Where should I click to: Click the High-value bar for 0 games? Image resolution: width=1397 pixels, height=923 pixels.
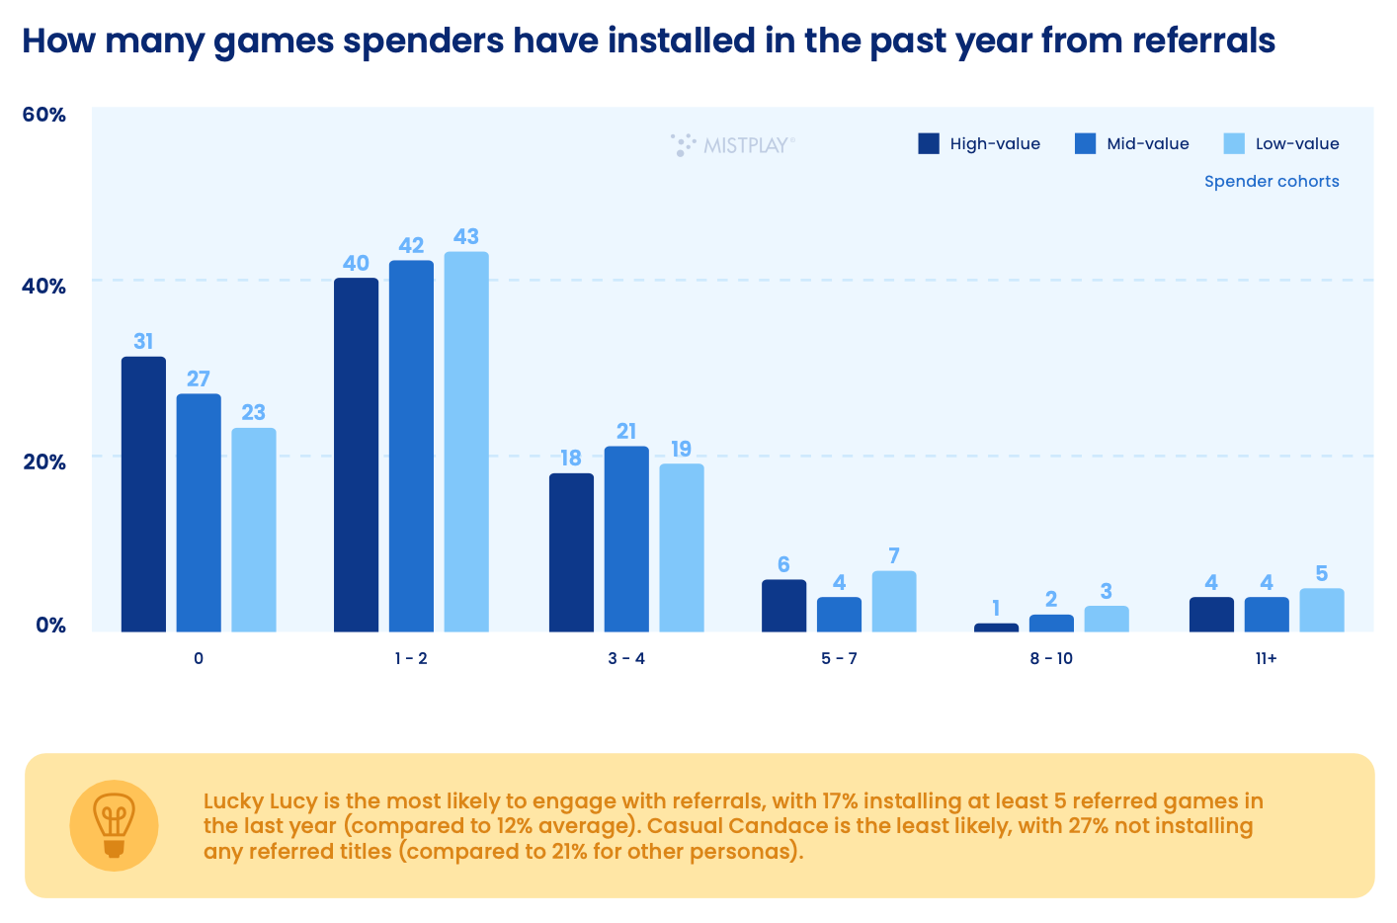[143, 494]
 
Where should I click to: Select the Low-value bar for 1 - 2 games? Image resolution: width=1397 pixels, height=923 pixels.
[466, 442]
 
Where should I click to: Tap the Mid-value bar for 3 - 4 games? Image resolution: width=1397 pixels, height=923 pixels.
[626, 539]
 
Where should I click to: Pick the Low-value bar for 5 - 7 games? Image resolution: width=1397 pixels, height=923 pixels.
[894, 601]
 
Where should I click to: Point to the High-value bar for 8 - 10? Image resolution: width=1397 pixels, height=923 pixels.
[996, 627]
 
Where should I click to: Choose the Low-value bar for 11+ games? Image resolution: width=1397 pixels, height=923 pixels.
[1321, 610]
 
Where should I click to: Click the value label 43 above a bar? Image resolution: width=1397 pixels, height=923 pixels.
[466, 236]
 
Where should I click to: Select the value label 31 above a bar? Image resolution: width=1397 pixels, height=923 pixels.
[143, 341]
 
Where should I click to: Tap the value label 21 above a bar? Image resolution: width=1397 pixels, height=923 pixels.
[626, 431]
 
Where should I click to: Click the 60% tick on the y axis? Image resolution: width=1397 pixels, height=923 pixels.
[43, 115]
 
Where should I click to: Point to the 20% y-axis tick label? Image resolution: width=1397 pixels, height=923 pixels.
[43, 461]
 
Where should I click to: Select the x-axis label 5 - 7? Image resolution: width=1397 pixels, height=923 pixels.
[839, 658]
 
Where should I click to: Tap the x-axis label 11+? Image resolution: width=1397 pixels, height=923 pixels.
[1266, 658]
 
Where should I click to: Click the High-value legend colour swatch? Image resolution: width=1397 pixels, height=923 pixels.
[929, 143]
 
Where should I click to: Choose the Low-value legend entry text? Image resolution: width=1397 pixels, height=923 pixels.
[1297, 143]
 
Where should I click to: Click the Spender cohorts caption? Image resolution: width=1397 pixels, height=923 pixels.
[1272, 181]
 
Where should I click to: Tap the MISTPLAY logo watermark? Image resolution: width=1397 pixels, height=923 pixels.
[733, 145]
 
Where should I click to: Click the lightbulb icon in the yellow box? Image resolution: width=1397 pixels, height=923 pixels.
[114, 824]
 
